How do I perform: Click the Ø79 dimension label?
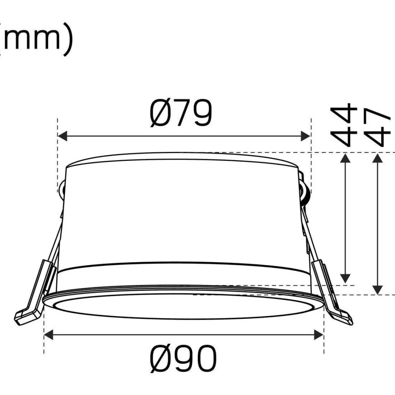coord(181,113)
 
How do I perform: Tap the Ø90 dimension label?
coord(183,359)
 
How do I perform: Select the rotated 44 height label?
coord(344,125)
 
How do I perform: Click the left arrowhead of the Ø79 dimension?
coord(62,136)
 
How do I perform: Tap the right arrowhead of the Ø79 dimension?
coord(305,136)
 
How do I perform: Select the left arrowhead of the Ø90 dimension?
coord(48,335)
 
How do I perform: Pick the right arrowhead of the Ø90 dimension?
coord(319,335)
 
